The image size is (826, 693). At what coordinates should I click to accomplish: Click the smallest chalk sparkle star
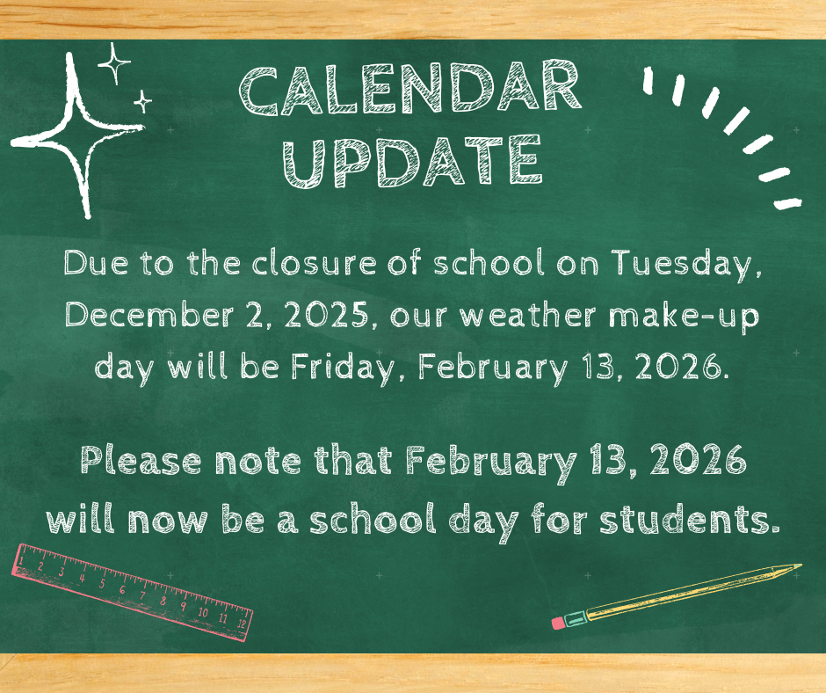pyautogui.click(x=142, y=102)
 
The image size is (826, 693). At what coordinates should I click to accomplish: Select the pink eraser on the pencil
pyautogui.click(x=558, y=622)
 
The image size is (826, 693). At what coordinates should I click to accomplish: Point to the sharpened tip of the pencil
pyautogui.click(x=797, y=567)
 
